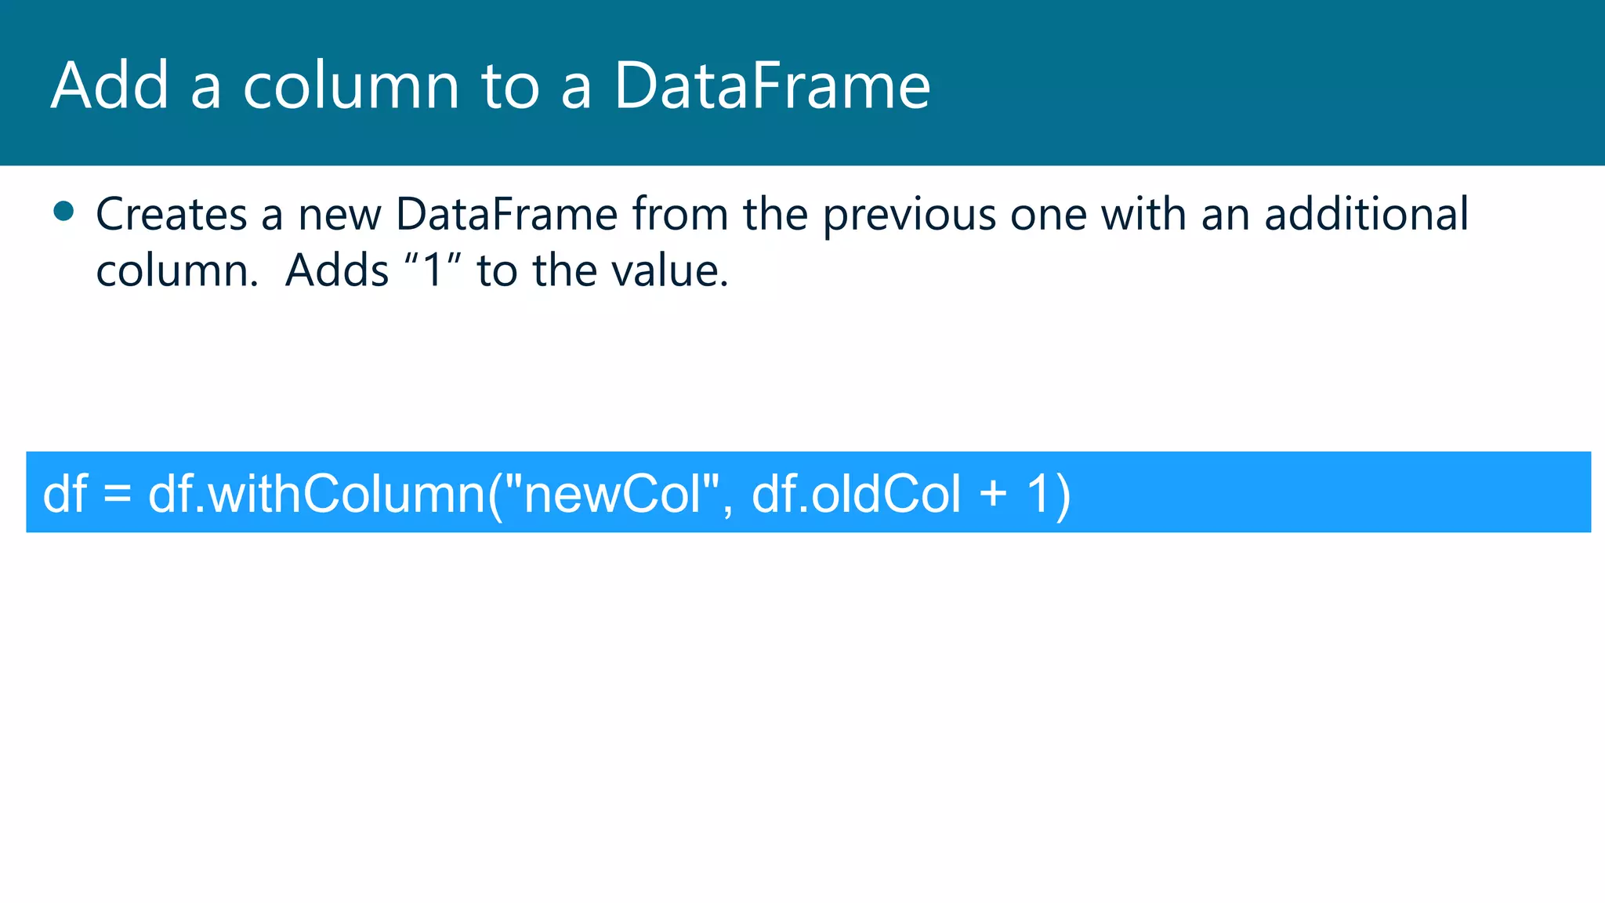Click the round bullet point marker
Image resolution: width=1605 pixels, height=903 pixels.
[x=63, y=211]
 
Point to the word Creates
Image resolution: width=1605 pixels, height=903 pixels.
[x=172, y=214]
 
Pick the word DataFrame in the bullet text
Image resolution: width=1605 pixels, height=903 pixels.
[x=507, y=214]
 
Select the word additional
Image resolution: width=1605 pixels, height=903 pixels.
[x=1367, y=214]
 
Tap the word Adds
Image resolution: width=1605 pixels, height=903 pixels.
[x=337, y=271]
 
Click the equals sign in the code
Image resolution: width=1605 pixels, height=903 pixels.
[x=118, y=494]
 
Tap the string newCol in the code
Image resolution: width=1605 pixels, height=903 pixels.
[x=613, y=494]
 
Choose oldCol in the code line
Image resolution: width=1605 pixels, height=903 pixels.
[x=886, y=494]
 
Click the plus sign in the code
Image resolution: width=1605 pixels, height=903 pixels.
[x=994, y=494]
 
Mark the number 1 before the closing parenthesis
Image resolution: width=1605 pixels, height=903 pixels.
[x=1038, y=494]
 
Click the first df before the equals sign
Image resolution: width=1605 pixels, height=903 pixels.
[x=65, y=494]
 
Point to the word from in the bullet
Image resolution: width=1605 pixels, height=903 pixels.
[x=680, y=214]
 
